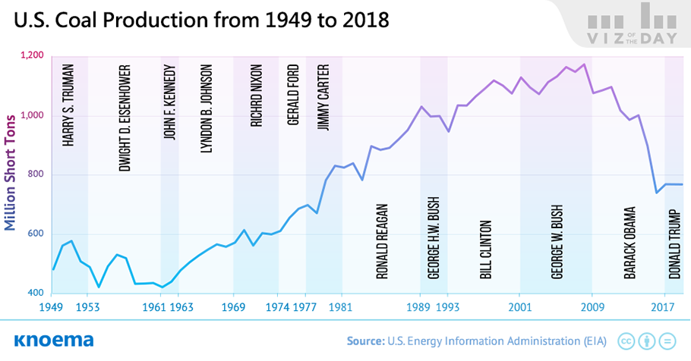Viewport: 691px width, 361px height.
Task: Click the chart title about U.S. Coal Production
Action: tap(201, 20)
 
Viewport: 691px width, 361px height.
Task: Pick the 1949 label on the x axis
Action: tap(52, 307)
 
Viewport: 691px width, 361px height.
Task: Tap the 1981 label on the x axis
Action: tap(342, 307)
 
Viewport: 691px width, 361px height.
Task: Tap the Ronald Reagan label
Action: tap(382, 241)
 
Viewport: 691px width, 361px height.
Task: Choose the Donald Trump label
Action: tap(675, 244)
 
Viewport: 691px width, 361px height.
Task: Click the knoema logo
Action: tap(54, 341)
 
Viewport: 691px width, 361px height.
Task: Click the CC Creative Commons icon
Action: tap(626, 341)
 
